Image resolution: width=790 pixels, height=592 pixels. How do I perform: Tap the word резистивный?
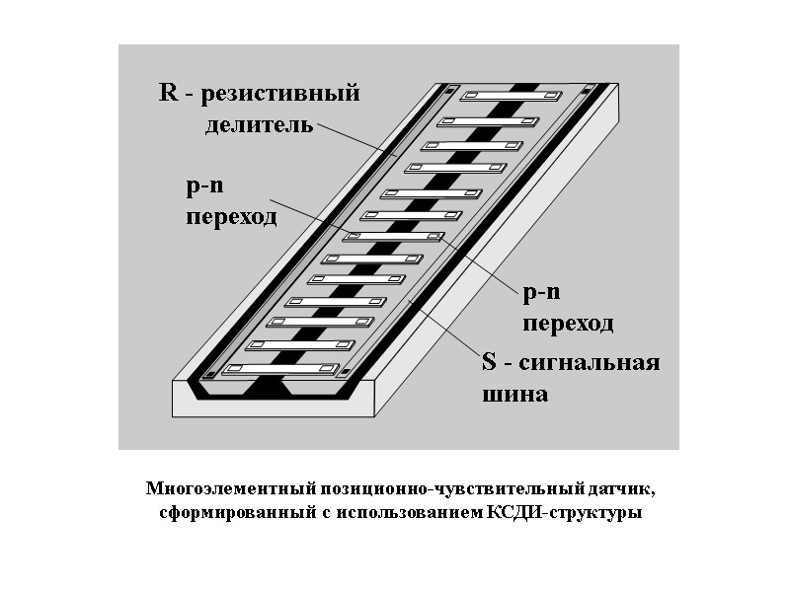coord(281,96)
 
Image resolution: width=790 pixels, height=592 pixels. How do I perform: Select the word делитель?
coord(260,125)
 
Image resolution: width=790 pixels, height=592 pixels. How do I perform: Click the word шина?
coord(513,395)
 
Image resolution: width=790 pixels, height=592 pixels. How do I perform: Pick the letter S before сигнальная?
coord(488,363)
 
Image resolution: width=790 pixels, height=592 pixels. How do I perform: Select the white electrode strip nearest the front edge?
coord(276,369)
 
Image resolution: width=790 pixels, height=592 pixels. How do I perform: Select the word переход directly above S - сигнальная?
coord(568,324)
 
